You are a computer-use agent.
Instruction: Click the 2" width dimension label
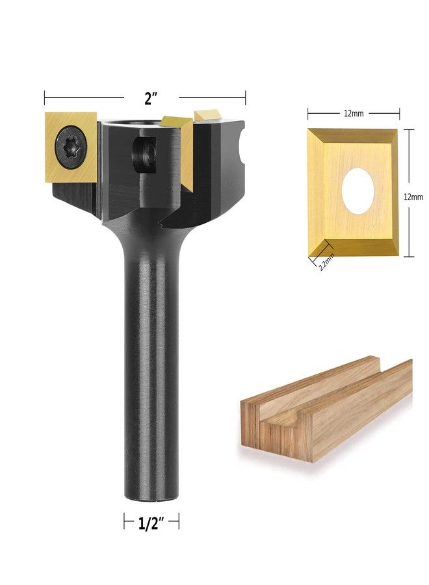(151, 99)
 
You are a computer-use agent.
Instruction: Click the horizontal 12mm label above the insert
(353, 113)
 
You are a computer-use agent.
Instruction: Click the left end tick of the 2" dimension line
(44, 98)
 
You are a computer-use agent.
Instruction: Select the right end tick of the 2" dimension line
(246, 98)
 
